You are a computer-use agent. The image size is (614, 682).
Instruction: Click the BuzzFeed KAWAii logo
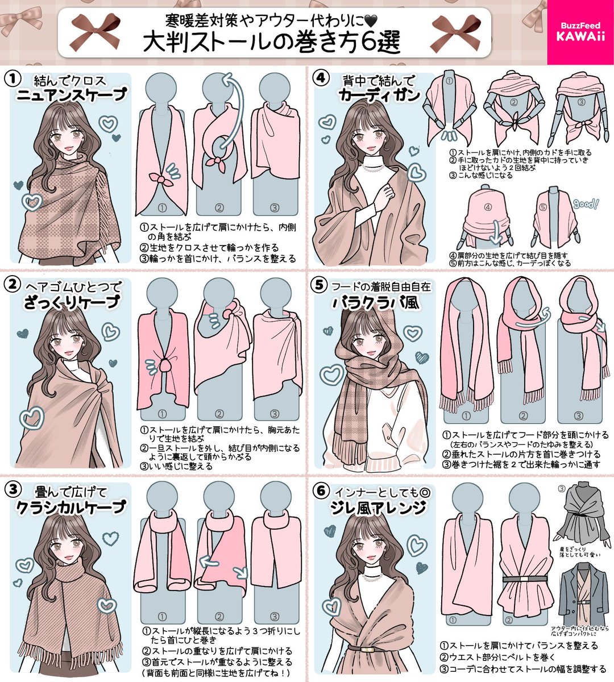580,32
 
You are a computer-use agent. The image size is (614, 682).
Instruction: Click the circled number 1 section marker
13,79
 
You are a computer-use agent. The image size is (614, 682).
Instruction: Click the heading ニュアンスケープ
70,95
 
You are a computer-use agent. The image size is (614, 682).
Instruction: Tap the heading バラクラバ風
376,302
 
